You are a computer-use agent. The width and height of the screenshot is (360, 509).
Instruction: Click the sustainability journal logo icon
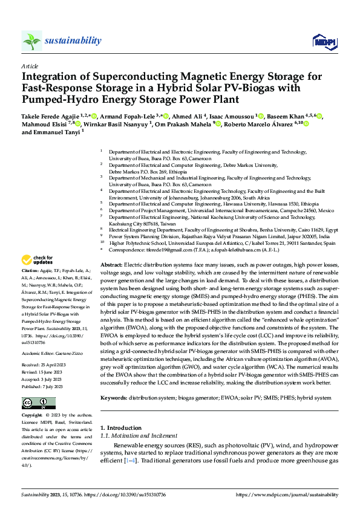(32, 41)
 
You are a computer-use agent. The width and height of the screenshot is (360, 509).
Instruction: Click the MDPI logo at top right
(321, 41)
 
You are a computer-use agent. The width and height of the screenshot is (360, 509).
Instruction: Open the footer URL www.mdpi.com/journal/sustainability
(284, 494)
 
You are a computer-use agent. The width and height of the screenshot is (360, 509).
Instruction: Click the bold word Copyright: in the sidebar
(32, 416)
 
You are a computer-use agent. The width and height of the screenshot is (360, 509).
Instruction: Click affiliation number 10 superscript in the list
(102, 243)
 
